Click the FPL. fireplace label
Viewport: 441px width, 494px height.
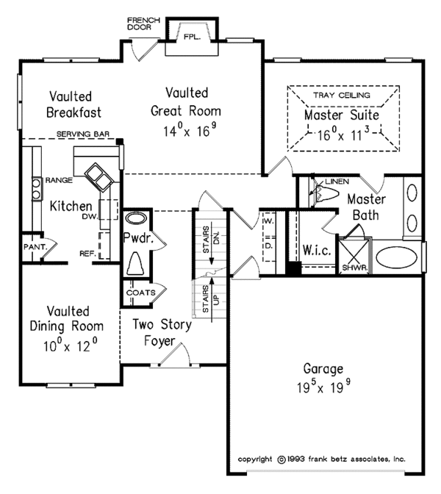[x=192, y=37]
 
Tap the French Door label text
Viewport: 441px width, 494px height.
[x=143, y=24]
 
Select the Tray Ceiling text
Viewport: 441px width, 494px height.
[x=342, y=95]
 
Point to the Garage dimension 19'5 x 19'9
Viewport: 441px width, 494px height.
[x=324, y=387]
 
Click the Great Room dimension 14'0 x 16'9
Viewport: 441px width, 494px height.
[x=190, y=130]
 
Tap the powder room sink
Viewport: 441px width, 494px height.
[x=136, y=218]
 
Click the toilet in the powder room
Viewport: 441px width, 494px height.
[x=136, y=264]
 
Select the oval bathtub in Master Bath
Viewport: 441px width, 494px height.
[x=397, y=257]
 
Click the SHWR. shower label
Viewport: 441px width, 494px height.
[x=355, y=268]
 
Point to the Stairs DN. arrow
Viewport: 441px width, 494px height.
[x=212, y=243]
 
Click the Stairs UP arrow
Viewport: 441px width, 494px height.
[x=212, y=299]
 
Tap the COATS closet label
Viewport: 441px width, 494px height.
[x=141, y=293]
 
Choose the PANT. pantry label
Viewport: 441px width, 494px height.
[x=35, y=247]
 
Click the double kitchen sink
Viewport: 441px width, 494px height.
[x=98, y=177]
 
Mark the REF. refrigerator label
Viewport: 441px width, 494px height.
[x=88, y=254]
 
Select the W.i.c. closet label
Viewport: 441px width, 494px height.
[x=317, y=250]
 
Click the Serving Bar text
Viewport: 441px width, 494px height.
[x=83, y=134]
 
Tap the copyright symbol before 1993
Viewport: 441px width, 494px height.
[x=282, y=459]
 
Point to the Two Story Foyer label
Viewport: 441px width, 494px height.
[x=161, y=332]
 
